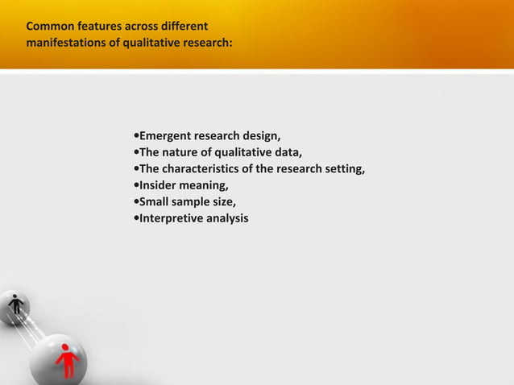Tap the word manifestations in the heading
point(65,42)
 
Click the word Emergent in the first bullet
point(166,134)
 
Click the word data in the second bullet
point(288,151)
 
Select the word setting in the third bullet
point(345,168)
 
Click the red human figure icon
point(67,359)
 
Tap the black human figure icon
point(15,305)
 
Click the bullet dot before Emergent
point(135,134)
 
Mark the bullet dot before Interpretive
point(135,218)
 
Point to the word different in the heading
point(184,26)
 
